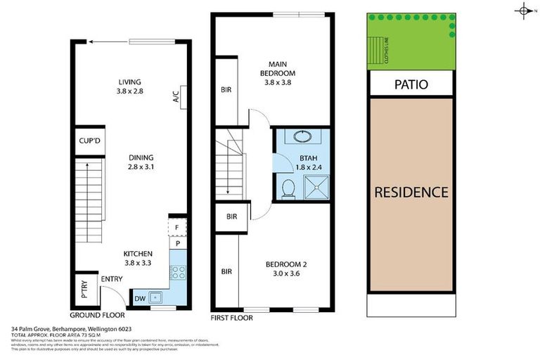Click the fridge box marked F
pyautogui.click(x=177, y=228)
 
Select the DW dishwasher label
pyautogui.click(x=139, y=299)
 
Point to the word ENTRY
pyautogui.click(x=112, y=280)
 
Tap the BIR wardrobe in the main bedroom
pyautogui.click(x=226, y=91)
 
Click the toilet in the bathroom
pyautogui.click(x=287, y=188)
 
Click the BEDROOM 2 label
pyautogui.click(x=286, y=269)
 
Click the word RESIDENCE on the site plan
pyautogui.click(x=411, y=192)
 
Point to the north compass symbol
pyautogui.click(x=524, y=10)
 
